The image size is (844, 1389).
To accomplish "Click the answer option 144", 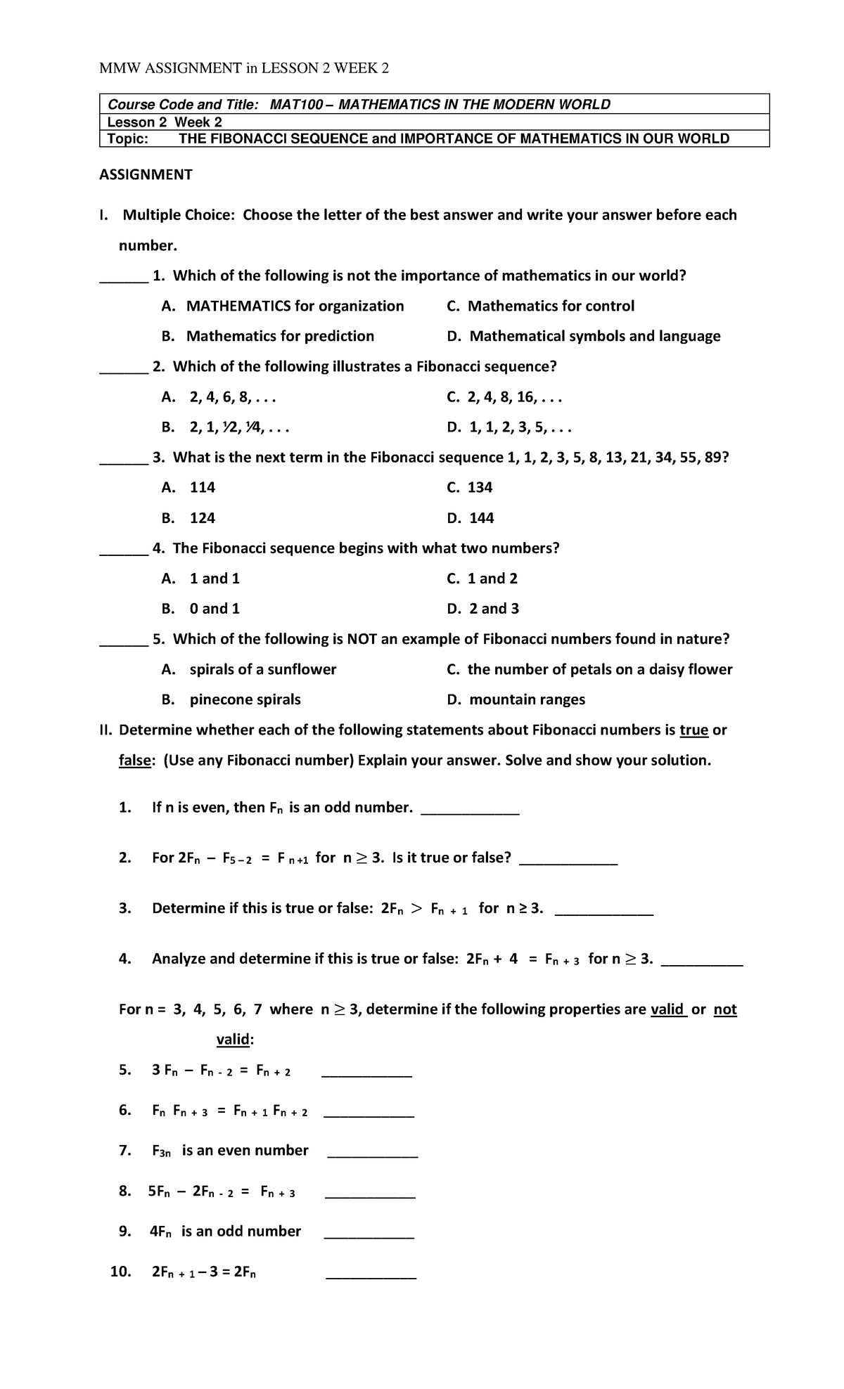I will pos(481,518).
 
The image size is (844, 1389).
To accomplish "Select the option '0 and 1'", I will pos(214,609).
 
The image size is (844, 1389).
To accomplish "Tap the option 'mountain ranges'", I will pos(527,699).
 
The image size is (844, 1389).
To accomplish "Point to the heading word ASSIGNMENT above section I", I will pos(146,174).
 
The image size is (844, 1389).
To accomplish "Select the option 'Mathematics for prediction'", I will pos(280,336).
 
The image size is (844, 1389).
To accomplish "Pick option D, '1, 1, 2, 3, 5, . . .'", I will pos(520,427).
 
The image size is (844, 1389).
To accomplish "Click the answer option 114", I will pos(202,488).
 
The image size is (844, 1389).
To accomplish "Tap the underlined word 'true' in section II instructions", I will pos(693,730).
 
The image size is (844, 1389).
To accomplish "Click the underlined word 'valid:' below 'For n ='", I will pos(235,1040).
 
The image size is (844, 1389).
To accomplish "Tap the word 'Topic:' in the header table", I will pos(128,138).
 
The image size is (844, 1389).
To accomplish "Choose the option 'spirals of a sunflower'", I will pos(262,669).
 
